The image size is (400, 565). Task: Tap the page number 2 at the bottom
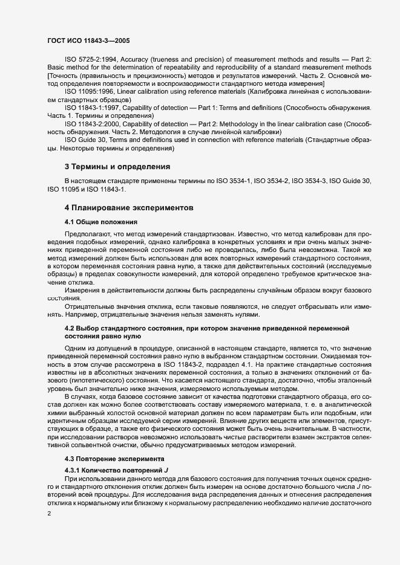[x=48, y=514]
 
